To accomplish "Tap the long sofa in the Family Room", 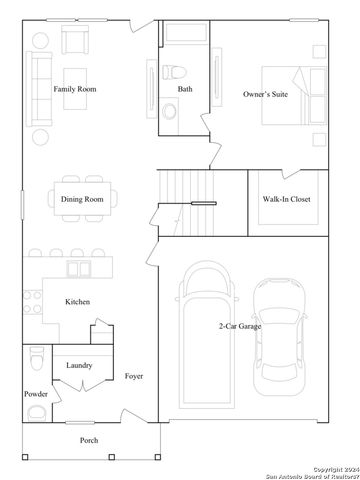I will [40, 88].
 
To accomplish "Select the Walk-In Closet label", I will [287, 199].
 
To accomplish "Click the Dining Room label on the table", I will [82, 199].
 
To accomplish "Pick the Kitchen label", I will [79, 301].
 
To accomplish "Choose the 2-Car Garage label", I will [240, 326].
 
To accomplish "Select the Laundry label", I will [80, 365].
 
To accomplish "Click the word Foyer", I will [134, 376].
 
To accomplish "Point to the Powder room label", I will [36, 394].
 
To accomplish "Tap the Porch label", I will [90, 440].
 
